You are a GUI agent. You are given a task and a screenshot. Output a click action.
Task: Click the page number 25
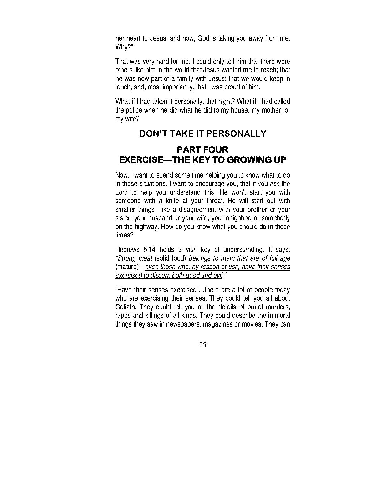pyautogui.click(x=202, y=345)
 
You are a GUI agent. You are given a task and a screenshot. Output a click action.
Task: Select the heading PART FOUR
pyautogui.click(x=202, y=149)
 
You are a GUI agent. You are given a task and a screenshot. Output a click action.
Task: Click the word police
pyautogui.click(x=135, y=110)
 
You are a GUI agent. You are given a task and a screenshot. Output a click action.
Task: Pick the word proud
pyautogui.click(x=232, y=87)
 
